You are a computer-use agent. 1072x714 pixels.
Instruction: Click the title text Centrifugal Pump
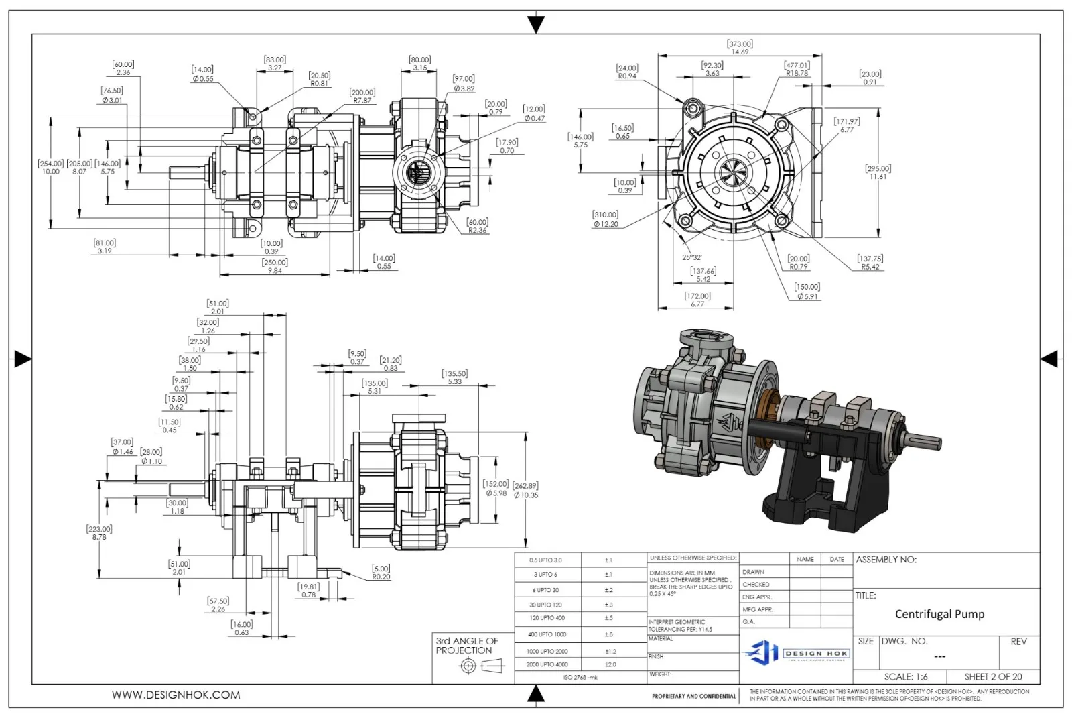pos(939,614)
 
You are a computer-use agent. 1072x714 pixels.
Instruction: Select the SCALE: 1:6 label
pos(906,676)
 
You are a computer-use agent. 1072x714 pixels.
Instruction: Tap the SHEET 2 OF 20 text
pos(993,676)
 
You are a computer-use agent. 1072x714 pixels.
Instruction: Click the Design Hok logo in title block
pos(797,652)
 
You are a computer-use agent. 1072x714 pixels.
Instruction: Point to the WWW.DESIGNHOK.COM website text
pos(176,695)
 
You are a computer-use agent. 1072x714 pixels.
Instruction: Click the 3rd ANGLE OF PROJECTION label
pos(467,646)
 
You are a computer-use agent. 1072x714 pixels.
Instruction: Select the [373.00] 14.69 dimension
pos(740,48)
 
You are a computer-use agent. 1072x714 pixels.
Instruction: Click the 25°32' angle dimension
pos(691,257)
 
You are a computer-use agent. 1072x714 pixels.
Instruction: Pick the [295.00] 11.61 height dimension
pos(878,172)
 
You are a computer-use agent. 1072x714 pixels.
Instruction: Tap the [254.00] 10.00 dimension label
pos(51,167)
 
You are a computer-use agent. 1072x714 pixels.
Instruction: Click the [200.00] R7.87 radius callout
pos(362,96)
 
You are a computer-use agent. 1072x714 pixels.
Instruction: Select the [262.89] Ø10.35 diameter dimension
pos(525,490)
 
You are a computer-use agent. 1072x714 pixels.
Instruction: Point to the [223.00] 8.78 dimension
pos(99,533)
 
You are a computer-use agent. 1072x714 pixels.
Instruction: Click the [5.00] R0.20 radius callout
pos(381,572)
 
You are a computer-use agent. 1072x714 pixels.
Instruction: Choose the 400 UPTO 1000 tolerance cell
pos(547,634)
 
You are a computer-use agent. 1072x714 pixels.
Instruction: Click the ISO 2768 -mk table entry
pos(580,677)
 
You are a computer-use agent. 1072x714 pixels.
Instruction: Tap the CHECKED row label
pos(756,585)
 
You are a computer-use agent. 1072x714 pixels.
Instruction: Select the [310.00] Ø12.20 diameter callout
pos(605,219)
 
